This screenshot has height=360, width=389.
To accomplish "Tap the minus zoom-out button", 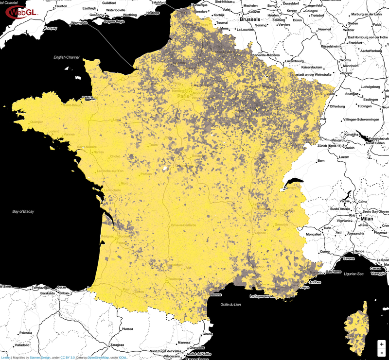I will pos(382,352).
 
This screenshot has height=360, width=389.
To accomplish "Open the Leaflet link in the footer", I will pos(5,358).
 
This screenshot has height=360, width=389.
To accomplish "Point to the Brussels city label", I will pos(250,19).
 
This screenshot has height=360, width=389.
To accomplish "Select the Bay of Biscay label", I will pos(25,211).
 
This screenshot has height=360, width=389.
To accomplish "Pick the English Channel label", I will pos(66,57).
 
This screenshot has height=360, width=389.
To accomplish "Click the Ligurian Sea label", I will pos(354,274).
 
